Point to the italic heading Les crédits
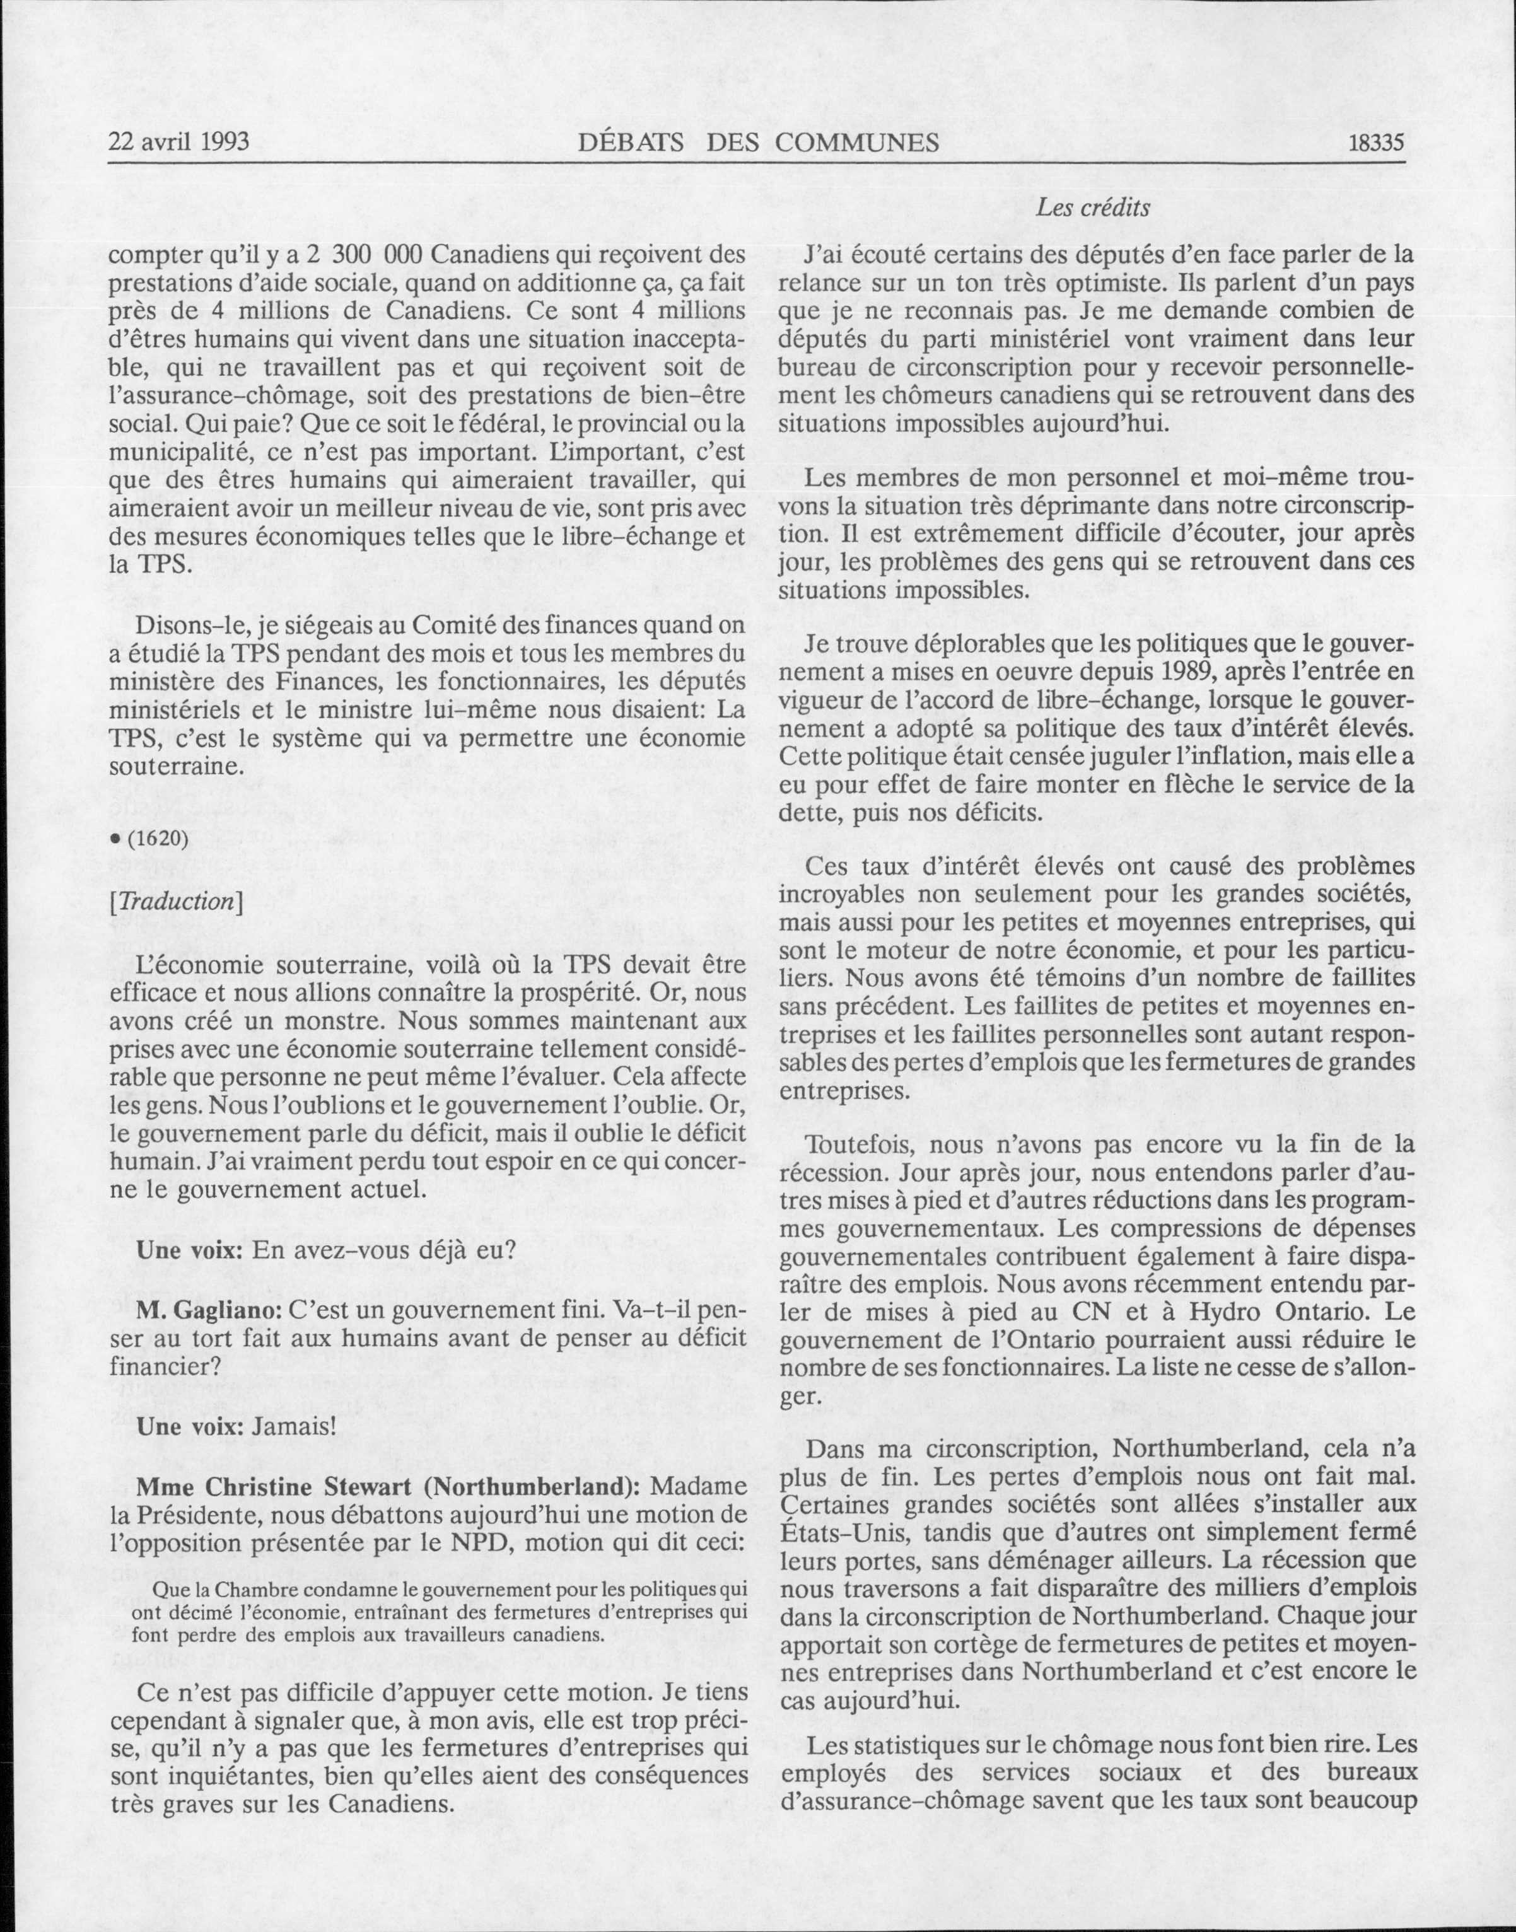[1093, 209]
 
